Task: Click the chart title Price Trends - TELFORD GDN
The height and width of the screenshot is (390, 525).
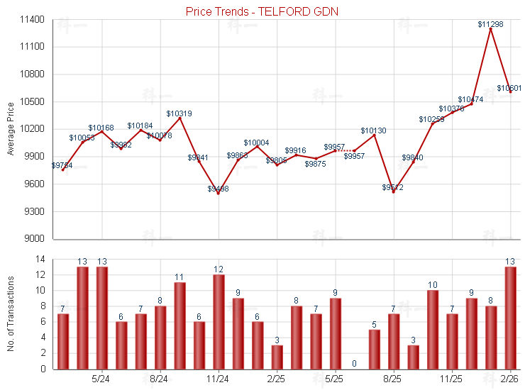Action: [x=262, y=11]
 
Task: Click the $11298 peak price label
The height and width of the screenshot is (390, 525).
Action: [x=490, y=24]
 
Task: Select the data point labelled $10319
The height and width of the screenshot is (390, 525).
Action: [x=179, y=118]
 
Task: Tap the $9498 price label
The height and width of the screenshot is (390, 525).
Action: [x=219, y=189]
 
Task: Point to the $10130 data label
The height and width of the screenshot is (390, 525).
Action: [x=373, y=130]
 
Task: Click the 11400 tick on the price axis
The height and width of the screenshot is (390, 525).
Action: [x=33, y=20]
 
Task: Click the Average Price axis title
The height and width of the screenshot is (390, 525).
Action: [x=11, y=129]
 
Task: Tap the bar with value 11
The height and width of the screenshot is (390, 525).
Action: [x=179, y=325]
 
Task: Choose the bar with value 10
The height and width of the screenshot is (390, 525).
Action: [x=432, y=330]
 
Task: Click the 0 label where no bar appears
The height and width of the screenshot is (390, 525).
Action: [x=354, y=364]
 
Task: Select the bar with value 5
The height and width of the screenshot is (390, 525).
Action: [x=374, y=349]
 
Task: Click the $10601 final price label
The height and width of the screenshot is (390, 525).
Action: [x=509, y=89]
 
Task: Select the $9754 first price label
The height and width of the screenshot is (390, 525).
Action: [x=62, y=165]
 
